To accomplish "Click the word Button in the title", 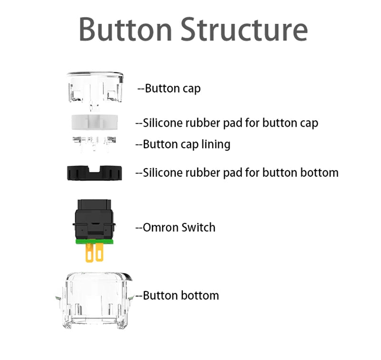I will (x=125, y=29).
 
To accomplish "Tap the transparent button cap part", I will (x=95, y=88).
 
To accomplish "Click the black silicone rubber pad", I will (x=94, y=172).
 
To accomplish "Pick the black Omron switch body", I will (x=94, y=219).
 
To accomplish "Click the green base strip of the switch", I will (x=94, y=240).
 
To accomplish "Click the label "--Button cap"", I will (x=169, y=89).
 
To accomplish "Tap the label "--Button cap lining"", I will (x=183, y=144).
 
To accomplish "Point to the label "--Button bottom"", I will (x=177, y=295).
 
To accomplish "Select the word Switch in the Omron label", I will (x=198, y=227).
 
